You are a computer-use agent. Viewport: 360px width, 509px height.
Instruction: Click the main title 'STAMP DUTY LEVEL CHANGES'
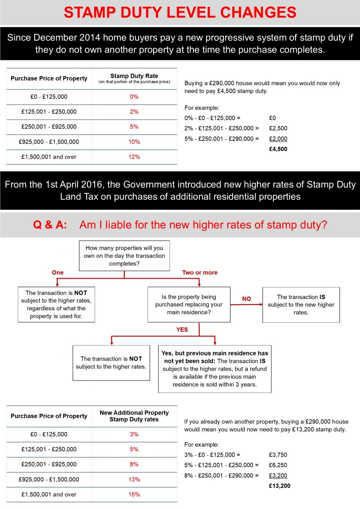click(180, 12)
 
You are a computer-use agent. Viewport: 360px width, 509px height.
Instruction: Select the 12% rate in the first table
click(134, 157)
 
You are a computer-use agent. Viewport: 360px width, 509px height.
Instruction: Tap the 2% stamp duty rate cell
click(134, 112)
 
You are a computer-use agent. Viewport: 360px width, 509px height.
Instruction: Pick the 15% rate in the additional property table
click(134, 495)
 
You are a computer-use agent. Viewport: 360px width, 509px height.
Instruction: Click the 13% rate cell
click(134, 479)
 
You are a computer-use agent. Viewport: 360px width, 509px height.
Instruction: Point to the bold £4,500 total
click(278, 149)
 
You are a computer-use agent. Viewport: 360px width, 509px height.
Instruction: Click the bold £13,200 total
click(280, 486)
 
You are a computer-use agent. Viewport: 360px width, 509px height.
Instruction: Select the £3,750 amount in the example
click(278, 455)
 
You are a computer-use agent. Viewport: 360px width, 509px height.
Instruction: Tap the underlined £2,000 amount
click(278, 139)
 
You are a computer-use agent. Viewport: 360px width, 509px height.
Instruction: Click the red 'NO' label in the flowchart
click(246, 299)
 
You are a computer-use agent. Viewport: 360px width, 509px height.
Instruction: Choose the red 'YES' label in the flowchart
click(182, 330)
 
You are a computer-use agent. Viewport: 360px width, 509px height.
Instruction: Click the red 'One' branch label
click(57, 273)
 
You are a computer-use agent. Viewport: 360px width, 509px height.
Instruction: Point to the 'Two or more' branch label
click(199, 273)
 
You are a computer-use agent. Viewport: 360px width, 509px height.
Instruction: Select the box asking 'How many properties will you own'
click(124, 256)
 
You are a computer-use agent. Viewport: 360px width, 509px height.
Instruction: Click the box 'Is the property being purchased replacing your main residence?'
click(189, 305)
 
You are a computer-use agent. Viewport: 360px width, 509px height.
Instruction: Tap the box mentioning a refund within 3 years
click(215, 369)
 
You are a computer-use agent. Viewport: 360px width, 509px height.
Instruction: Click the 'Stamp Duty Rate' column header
click(134, 78)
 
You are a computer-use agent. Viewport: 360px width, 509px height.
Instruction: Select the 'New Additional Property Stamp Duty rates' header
click(134, 416)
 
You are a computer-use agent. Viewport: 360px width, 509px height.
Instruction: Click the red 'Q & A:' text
click(50, 225)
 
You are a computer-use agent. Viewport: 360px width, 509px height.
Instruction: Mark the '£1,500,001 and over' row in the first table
click(49, 157)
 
